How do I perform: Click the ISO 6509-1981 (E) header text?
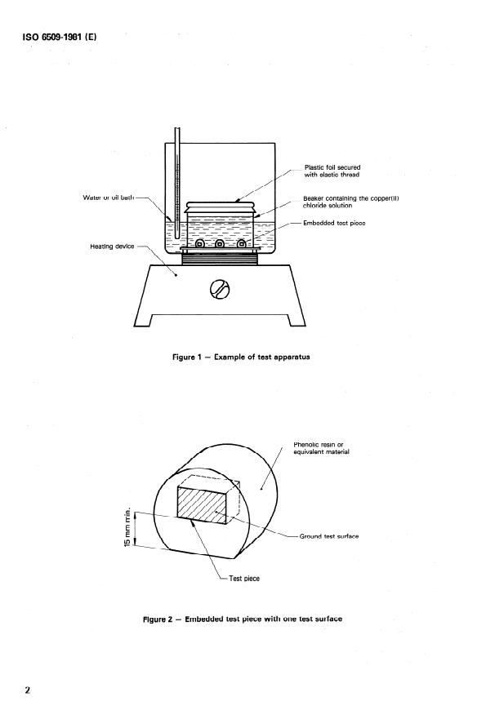(60, 37)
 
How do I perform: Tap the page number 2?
(28, 690)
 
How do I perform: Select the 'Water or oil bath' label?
(109, 198)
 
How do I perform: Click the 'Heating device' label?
(112, 246)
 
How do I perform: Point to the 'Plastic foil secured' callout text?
(332, 167)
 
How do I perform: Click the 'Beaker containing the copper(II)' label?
(351, 198)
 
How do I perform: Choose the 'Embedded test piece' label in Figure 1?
(334, 223)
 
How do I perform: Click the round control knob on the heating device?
(220, 289)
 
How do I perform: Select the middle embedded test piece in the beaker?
(220, 244)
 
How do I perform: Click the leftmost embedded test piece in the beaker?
(199, 244)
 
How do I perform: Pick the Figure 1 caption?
(241, 357)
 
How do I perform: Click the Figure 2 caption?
(243, 619)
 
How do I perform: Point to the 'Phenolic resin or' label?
(319, 444)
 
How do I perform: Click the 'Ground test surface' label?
(329, 536)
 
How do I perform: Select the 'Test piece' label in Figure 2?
(244, 578)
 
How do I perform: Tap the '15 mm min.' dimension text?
(127, 526)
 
